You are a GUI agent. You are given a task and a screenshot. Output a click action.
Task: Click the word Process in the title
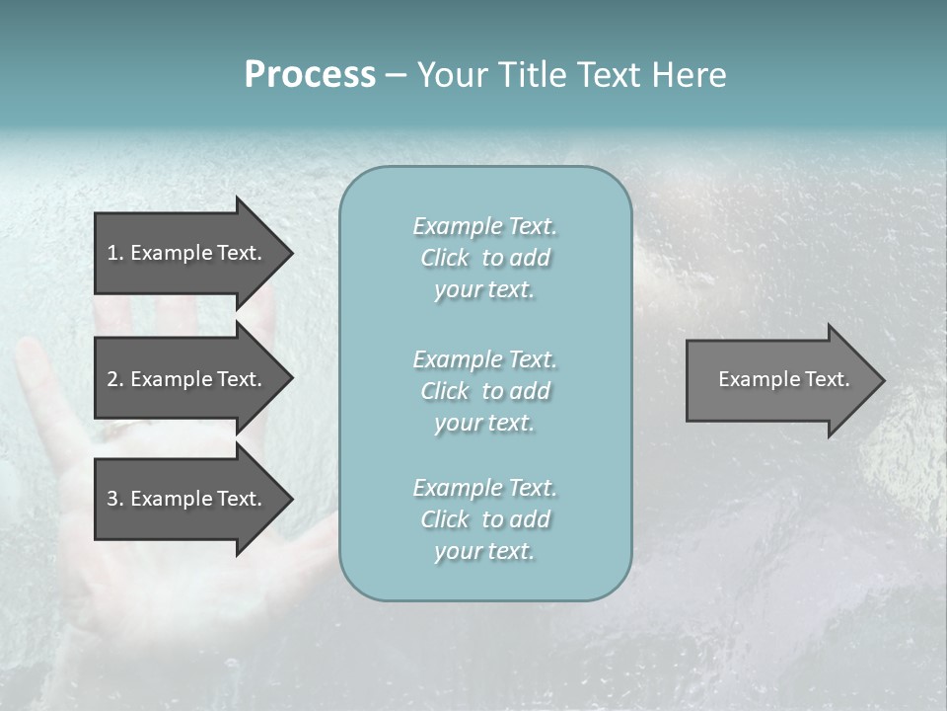click(310, 75)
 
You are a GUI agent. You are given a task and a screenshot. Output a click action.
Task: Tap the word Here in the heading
click(690, 75)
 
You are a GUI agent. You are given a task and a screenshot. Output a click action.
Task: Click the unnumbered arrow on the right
click(779, 379)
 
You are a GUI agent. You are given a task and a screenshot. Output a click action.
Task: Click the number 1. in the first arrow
click(114, 253)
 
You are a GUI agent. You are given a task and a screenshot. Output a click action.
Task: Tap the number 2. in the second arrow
click(114, 379)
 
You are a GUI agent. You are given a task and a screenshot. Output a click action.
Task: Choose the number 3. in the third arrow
click(114, 499)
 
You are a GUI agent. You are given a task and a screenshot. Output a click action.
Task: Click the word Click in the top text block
click(444, 259)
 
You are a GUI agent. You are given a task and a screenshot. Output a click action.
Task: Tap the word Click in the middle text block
click(444, 391)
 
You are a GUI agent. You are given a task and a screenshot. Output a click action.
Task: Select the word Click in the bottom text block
click(444, 519)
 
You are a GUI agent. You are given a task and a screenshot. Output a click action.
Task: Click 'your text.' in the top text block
click(484, 290)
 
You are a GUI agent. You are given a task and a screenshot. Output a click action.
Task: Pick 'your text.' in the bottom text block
click(484, 551)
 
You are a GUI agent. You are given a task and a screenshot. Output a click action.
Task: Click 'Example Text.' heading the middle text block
click(484, 359)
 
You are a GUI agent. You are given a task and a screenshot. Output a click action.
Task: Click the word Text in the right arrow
click(828, 379)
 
